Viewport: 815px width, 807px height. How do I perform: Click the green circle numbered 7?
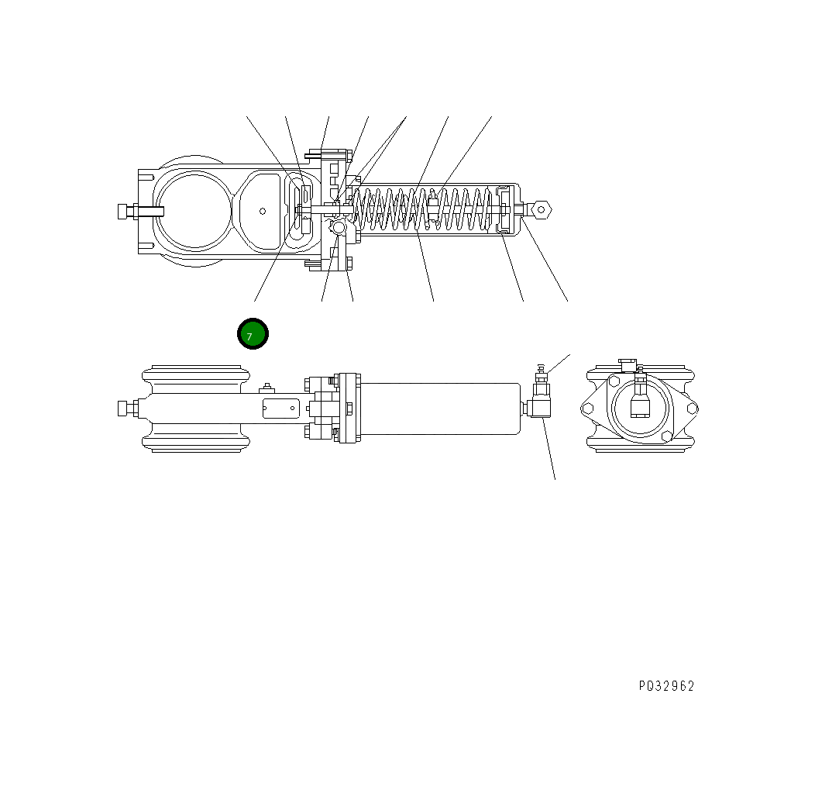252,334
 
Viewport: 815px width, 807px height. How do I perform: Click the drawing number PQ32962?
666,686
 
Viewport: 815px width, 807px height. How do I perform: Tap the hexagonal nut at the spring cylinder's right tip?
541,208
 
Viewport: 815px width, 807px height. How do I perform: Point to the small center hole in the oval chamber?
263,210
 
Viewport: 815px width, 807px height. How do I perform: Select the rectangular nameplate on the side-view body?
280,408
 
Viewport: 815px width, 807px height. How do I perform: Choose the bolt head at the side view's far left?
124,408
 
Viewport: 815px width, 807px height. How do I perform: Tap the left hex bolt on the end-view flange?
588,408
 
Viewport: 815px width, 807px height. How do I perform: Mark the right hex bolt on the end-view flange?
692,408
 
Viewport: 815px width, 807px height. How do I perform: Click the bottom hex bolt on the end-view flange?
665,437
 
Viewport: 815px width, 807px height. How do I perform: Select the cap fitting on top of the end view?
628,364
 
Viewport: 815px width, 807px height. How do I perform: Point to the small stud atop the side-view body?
267,387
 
